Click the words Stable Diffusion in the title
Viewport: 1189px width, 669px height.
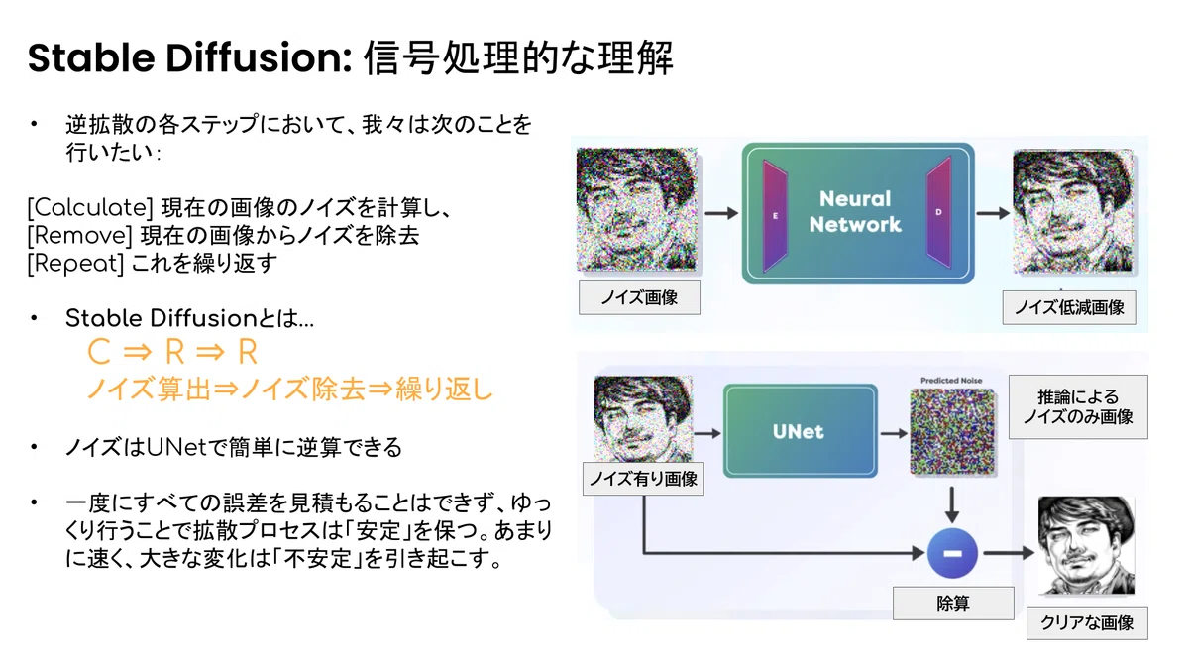click(189, 57)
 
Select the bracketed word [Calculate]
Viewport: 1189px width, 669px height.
click(90, 207)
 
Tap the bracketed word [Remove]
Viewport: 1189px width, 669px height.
click(79, 235)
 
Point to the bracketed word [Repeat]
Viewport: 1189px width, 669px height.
click(75, 264)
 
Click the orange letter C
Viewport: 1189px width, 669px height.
click(99, 352)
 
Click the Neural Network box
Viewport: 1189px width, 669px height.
click(858, 213)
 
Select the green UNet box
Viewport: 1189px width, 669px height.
click(800, 430)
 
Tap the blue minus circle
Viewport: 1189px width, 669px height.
click(952, 553)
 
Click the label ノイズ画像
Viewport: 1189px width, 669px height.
click(639, 298)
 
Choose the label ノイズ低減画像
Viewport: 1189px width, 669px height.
click(1069, 307)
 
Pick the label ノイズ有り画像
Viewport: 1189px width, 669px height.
click(643, 479)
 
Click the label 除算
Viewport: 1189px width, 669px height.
click(953, 604)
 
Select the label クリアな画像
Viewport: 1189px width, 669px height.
click(1087, 622)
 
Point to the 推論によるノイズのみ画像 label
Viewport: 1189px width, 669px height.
click(1078, 406)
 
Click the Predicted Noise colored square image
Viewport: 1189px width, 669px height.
click(952, 431)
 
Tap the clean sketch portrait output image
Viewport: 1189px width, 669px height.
click(1087, 545)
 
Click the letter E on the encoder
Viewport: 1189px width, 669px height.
click(775, 216)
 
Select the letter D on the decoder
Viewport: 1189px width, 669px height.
click(938, 212)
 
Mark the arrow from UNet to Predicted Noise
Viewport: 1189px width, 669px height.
click(894, 434)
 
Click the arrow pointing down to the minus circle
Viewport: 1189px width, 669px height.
click(952, 504)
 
